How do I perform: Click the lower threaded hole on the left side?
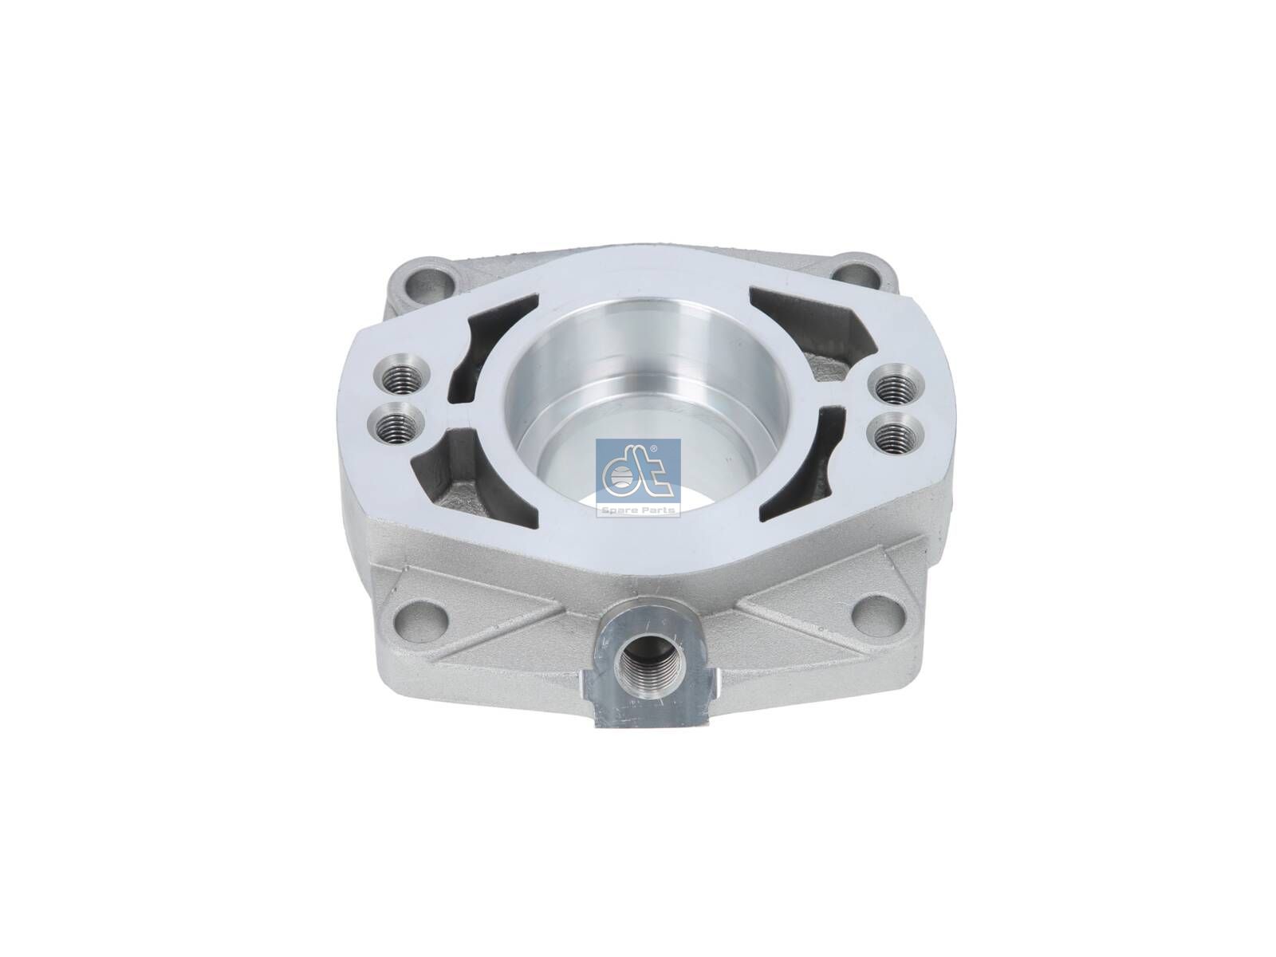[397, 429]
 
